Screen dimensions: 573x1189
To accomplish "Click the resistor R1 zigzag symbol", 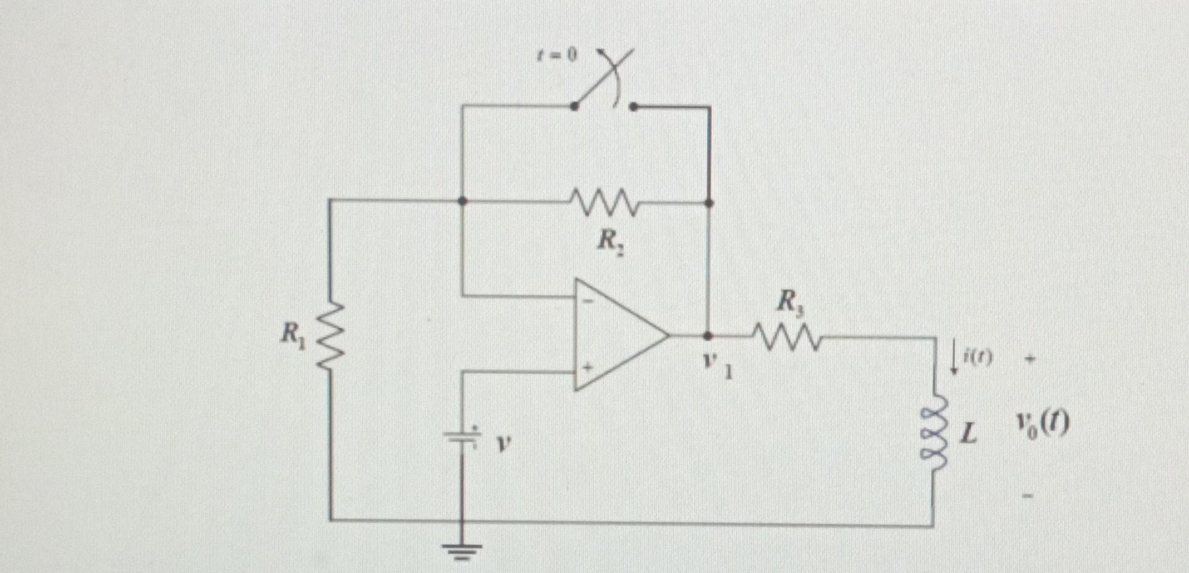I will pyautogui.click(x=330, y=335).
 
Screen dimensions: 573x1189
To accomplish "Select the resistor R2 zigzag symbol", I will pyautogui.click(x=604, y=202).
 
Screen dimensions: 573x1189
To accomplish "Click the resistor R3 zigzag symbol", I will pyautogui.click(x=788, y=337).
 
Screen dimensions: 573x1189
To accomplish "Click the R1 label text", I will pyautogui.click(x=292, y=333).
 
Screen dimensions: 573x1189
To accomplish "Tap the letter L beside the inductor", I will pyautogui.click(x=970, y=433).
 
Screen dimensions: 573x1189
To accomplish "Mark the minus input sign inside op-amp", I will pyautogui.click(x=588, y=301).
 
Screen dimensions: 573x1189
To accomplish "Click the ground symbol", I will pyautogui.click(x=462, y=550).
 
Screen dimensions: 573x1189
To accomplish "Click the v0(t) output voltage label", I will pyautogui.click(x=1042, y=426).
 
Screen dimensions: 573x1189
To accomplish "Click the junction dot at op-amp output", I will pyautogui.click(x=709, y=336).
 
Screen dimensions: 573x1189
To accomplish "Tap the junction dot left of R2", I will pyautogui.click(x=462, y=201).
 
